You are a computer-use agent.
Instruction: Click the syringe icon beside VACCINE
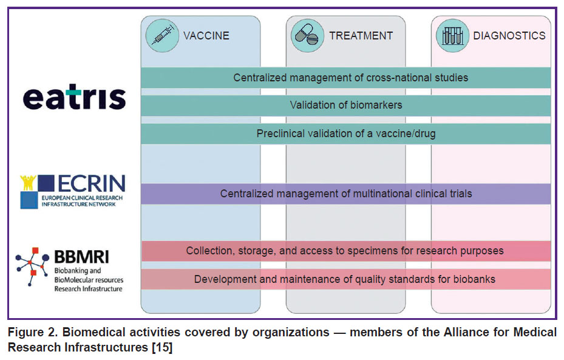[x=162, y=36]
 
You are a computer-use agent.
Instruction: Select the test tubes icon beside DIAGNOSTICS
[x=452, y=36]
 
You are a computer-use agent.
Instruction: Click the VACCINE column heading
[x=206, y=36]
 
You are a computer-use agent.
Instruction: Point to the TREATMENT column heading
[x=361, y=36]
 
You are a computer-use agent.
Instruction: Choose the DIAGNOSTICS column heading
[x=509, y=36]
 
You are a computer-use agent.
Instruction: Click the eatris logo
[x=75, y=97]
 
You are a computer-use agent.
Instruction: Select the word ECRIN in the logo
[x=92, y=183]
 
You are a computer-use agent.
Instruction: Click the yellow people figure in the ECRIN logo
[x=28, y=182]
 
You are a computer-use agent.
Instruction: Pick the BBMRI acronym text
[x=81, y=257]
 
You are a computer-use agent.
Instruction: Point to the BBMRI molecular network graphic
[x=32, y=266]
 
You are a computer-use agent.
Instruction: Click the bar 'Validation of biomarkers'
[x=345, y=106]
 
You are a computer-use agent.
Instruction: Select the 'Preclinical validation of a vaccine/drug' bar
[x=345, y=134]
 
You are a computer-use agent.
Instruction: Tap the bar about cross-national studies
[x=345, y=78]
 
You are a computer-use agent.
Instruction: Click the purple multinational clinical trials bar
[x=345, y=194]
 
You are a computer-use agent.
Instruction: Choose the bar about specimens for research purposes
[x=345, y=251]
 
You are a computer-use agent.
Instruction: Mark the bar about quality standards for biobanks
[x=345, y=279]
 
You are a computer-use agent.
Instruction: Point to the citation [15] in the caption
[x=162, y=348]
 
